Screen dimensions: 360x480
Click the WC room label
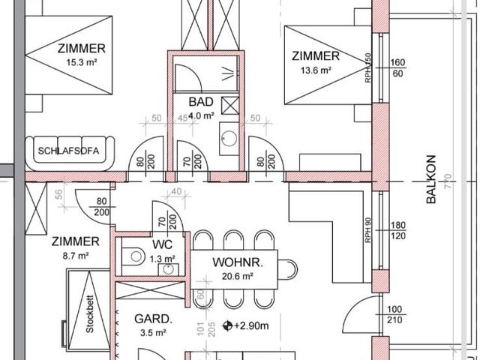(x=163, y=245)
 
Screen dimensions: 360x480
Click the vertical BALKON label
(x=430, y=179)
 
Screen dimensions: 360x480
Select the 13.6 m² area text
(x=316, y=70)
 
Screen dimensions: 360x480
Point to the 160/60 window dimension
(x=397, y=67)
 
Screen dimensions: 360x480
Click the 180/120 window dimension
(x=397, y=231)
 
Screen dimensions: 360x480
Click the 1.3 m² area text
(x=163, y=258)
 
